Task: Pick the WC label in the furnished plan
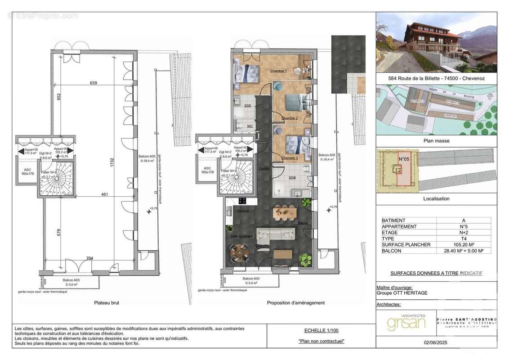click(x=249, y=126)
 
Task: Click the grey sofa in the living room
click(x=276, y=236)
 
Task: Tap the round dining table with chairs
click(x=239, y=254)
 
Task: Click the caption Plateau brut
click(x=107, y=303)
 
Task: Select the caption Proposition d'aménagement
click(x=295, y=303)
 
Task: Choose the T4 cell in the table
click(x=464, y=238)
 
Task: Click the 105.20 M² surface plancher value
click(x=464, y=244)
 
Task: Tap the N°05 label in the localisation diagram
click(x=404, y=159)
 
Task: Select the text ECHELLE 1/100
click(x=321, y=329)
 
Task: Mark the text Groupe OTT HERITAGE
click(x=402, y=293)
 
